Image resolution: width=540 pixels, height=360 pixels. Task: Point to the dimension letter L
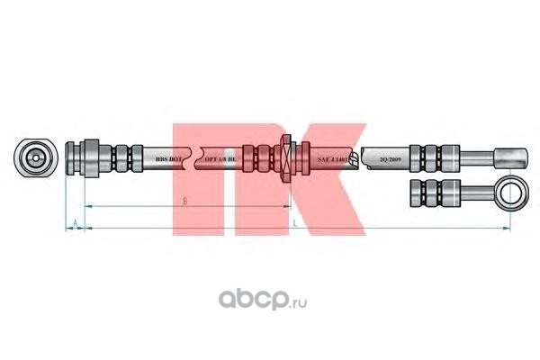coord(294,220)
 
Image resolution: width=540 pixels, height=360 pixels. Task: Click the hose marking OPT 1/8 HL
coord(220,157)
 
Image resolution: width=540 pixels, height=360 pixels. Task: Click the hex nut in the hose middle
coord(286,157)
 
